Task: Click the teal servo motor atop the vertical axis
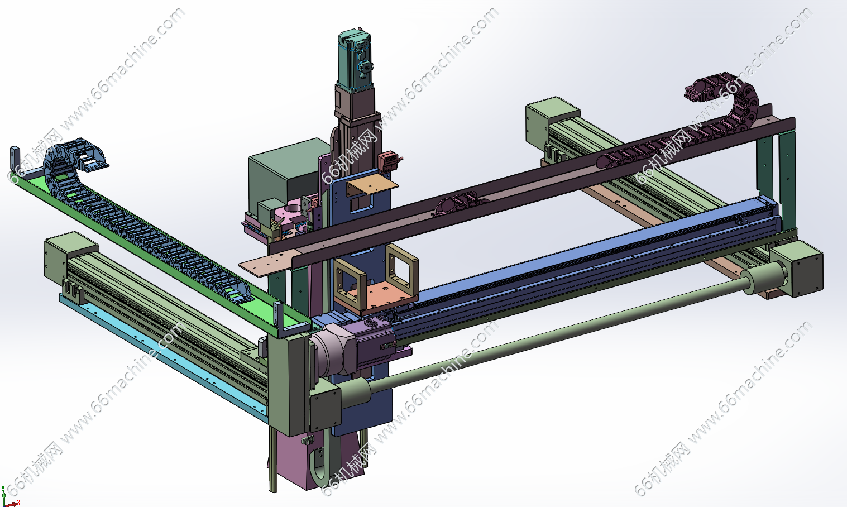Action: click(355, 60)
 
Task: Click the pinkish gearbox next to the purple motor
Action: click(332, 350)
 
